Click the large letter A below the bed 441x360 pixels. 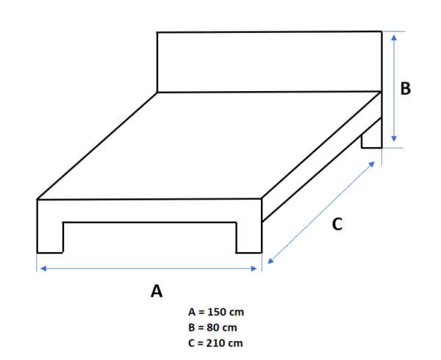pos(156,291)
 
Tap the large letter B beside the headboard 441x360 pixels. pos(405,89)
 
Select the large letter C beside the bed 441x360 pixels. pos(337,225)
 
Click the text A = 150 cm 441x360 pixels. pos(216,312)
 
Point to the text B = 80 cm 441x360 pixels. pos(213,327)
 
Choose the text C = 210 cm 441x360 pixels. pos(216,342)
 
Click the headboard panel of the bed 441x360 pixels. pos(268,62)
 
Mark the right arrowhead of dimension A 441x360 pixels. pos(257,269)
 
